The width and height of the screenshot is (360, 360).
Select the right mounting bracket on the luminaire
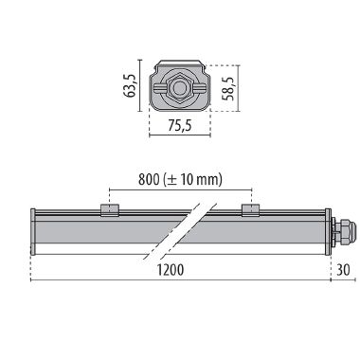249,210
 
